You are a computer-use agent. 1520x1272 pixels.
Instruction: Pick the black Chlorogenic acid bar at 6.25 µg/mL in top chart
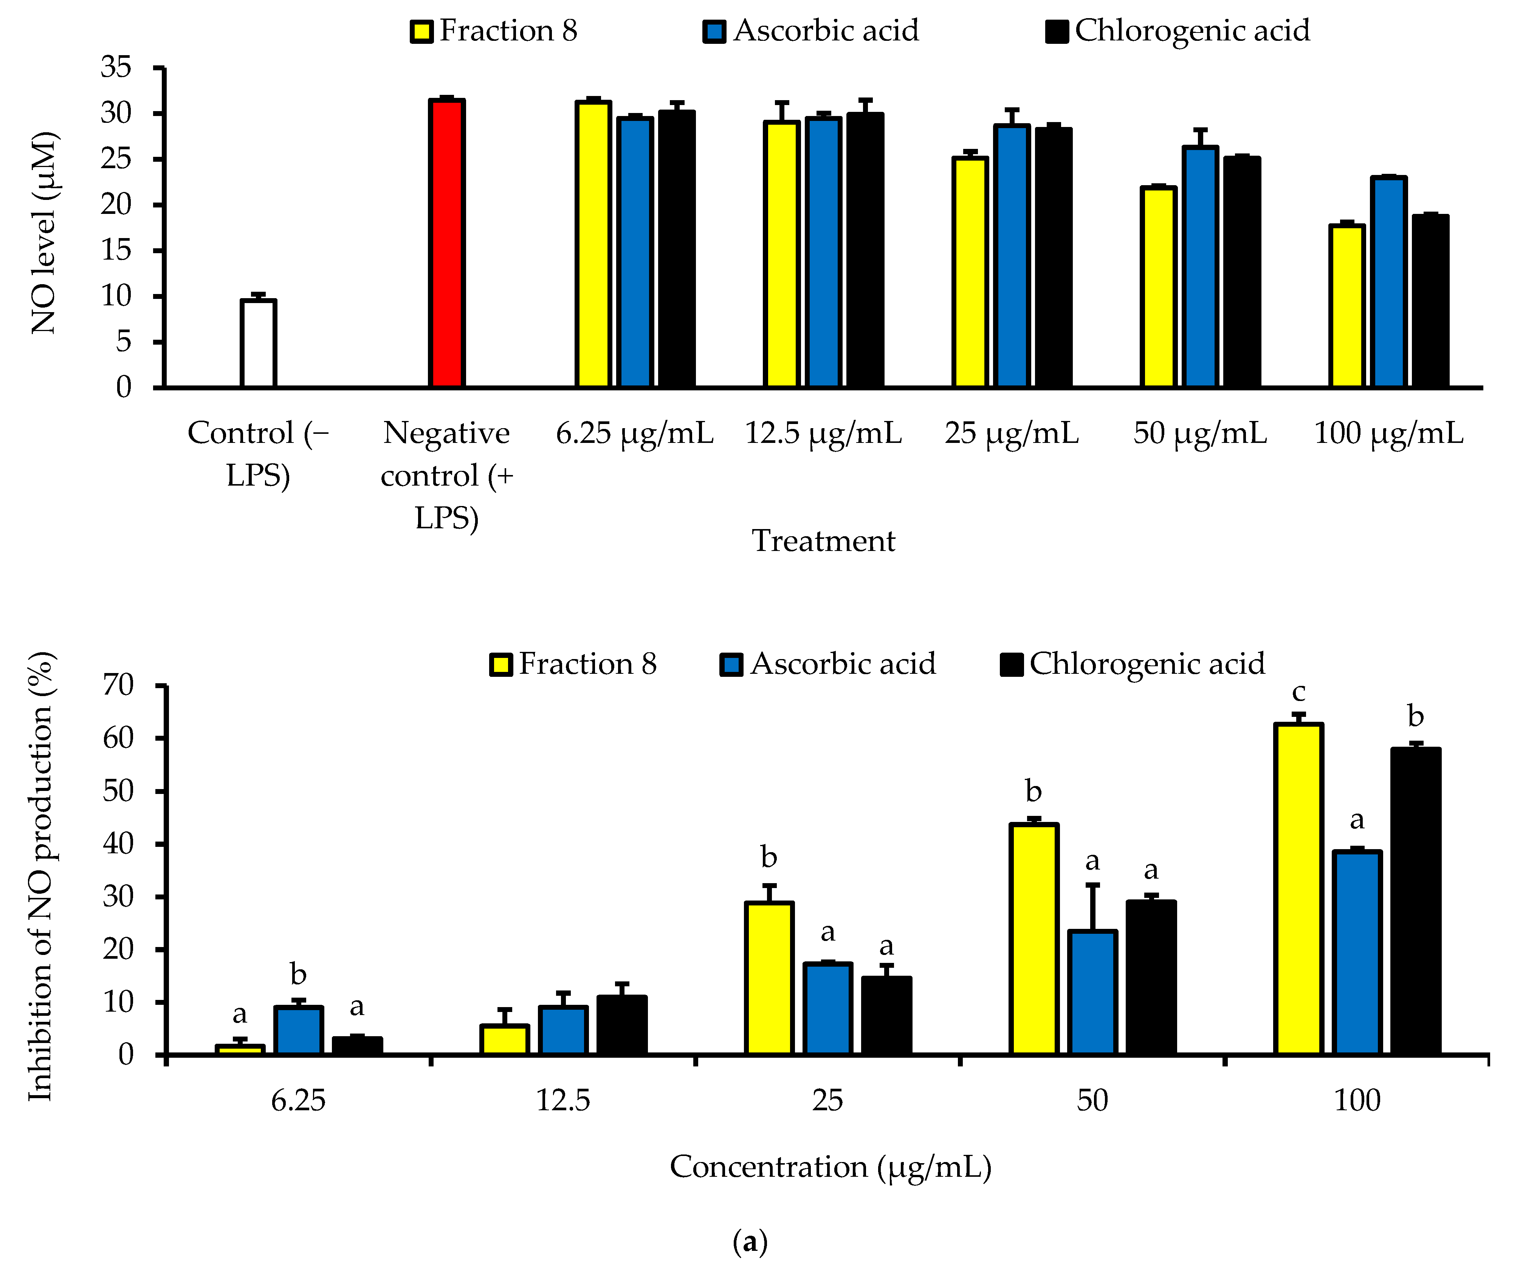click(x=677, y=250)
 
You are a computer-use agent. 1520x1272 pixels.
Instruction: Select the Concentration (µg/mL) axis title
click(x=830, y=1166)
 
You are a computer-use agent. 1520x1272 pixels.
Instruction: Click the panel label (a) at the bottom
click(x=750, y=1242)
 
